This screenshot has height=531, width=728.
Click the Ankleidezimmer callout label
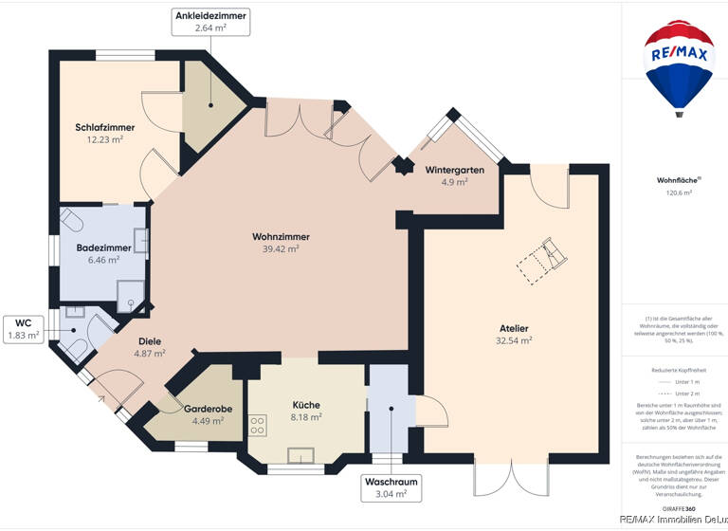click(x=210, y=21)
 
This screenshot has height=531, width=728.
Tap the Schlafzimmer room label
click(x=104, y=127)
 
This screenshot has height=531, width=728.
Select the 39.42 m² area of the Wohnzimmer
click(x=282, y=248)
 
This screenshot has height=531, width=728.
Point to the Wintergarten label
click(x=455, y=170)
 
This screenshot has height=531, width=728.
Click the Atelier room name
click(x=515, y=328)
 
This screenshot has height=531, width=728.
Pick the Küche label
click(x=306, y=405)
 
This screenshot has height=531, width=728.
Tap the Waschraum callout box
click(x=390, y=486)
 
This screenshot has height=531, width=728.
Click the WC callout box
click(x=24, y=328)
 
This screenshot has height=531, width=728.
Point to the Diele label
click(x=150, y=341)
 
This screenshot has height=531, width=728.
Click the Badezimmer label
click(x=104, y=247)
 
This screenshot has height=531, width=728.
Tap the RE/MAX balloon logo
click(x=679, y=66)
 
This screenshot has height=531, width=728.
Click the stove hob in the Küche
click(x=258, y=424)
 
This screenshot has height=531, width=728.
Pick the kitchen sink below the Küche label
click(x=301, y=455)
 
